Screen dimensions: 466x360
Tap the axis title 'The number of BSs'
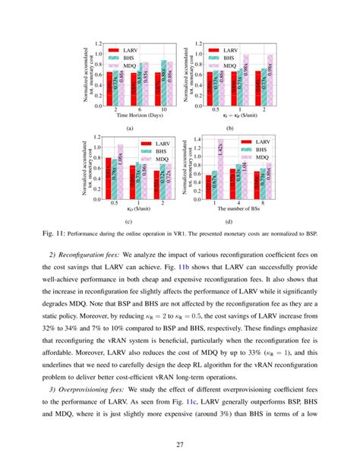241,209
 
